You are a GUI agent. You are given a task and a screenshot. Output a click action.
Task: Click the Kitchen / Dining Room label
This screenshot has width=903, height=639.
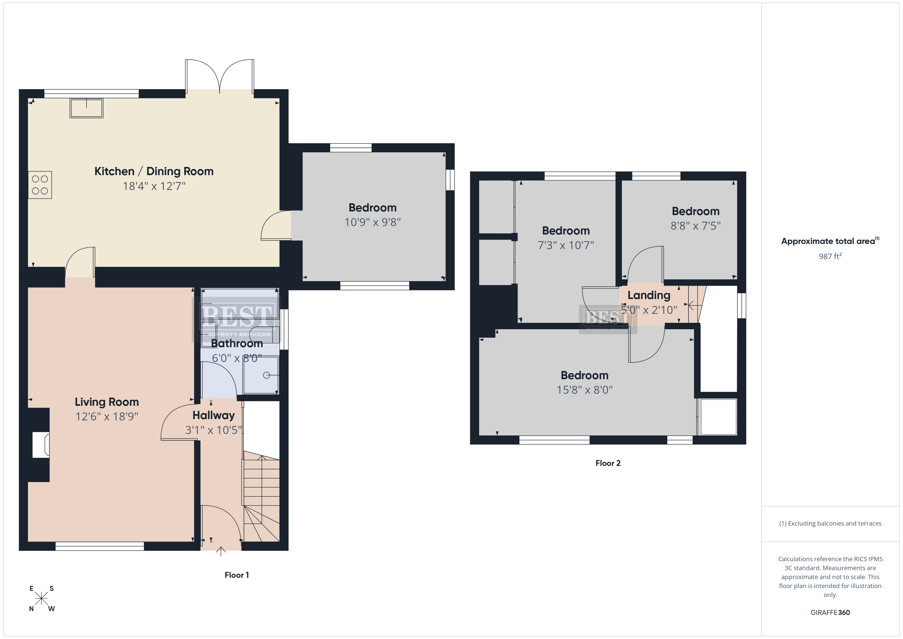click(x=154, y=171)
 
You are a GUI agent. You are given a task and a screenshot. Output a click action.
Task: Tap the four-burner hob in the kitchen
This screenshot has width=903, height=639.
click(x=40, y=185)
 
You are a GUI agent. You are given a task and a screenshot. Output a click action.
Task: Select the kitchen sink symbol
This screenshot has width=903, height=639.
click(x=87, y=108)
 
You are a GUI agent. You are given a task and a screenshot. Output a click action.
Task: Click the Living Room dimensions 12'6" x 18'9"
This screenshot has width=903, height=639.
click(x=107, y=416)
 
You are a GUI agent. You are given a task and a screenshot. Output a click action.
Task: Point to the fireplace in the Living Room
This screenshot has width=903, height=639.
click(x=40, y=445)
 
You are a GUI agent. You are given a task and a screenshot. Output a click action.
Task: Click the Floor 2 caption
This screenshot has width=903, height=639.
click(x=608, y=463)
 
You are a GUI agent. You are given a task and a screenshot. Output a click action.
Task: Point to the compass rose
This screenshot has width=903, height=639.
click(x=41, y=599)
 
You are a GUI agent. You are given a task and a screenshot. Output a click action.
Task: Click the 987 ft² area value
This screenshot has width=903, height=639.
click(x=830, y=256)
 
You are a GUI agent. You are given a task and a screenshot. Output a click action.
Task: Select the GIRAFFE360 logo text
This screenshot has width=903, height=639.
click(x=830, y=613)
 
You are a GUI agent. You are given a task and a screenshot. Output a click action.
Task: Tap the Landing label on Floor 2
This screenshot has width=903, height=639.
click(x=649, y=295)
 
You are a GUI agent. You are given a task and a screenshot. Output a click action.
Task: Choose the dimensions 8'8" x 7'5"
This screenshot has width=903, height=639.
click(x=696, y=226)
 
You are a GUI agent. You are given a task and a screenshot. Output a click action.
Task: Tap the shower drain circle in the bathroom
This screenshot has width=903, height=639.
click(x=267, y=375)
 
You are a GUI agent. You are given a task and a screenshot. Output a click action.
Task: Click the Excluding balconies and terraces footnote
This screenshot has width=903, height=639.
click(x=830, y=523)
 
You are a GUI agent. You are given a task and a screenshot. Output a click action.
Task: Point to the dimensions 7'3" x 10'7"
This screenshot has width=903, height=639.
click(x=566, y=245)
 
